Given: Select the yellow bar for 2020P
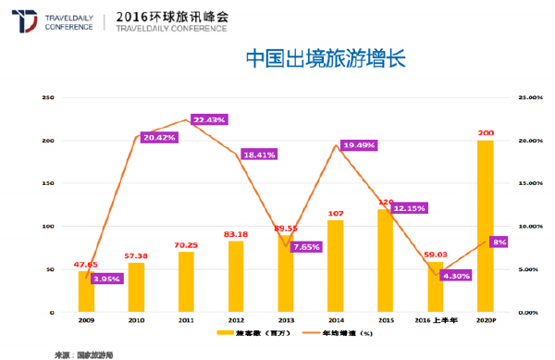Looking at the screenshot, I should tap(485, 226).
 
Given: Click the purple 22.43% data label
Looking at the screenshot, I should tap(208, 119).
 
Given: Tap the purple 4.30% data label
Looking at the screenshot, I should tap(457, 275).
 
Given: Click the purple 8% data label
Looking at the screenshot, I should tap(498, 242).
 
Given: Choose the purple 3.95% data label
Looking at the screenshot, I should tap(108, 278).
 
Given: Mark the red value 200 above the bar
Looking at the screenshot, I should tap(485, 132).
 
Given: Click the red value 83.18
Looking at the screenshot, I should tap(236, 233).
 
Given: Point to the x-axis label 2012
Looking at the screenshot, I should tap(236, 318).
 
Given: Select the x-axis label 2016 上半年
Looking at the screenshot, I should tap(435, 318).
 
